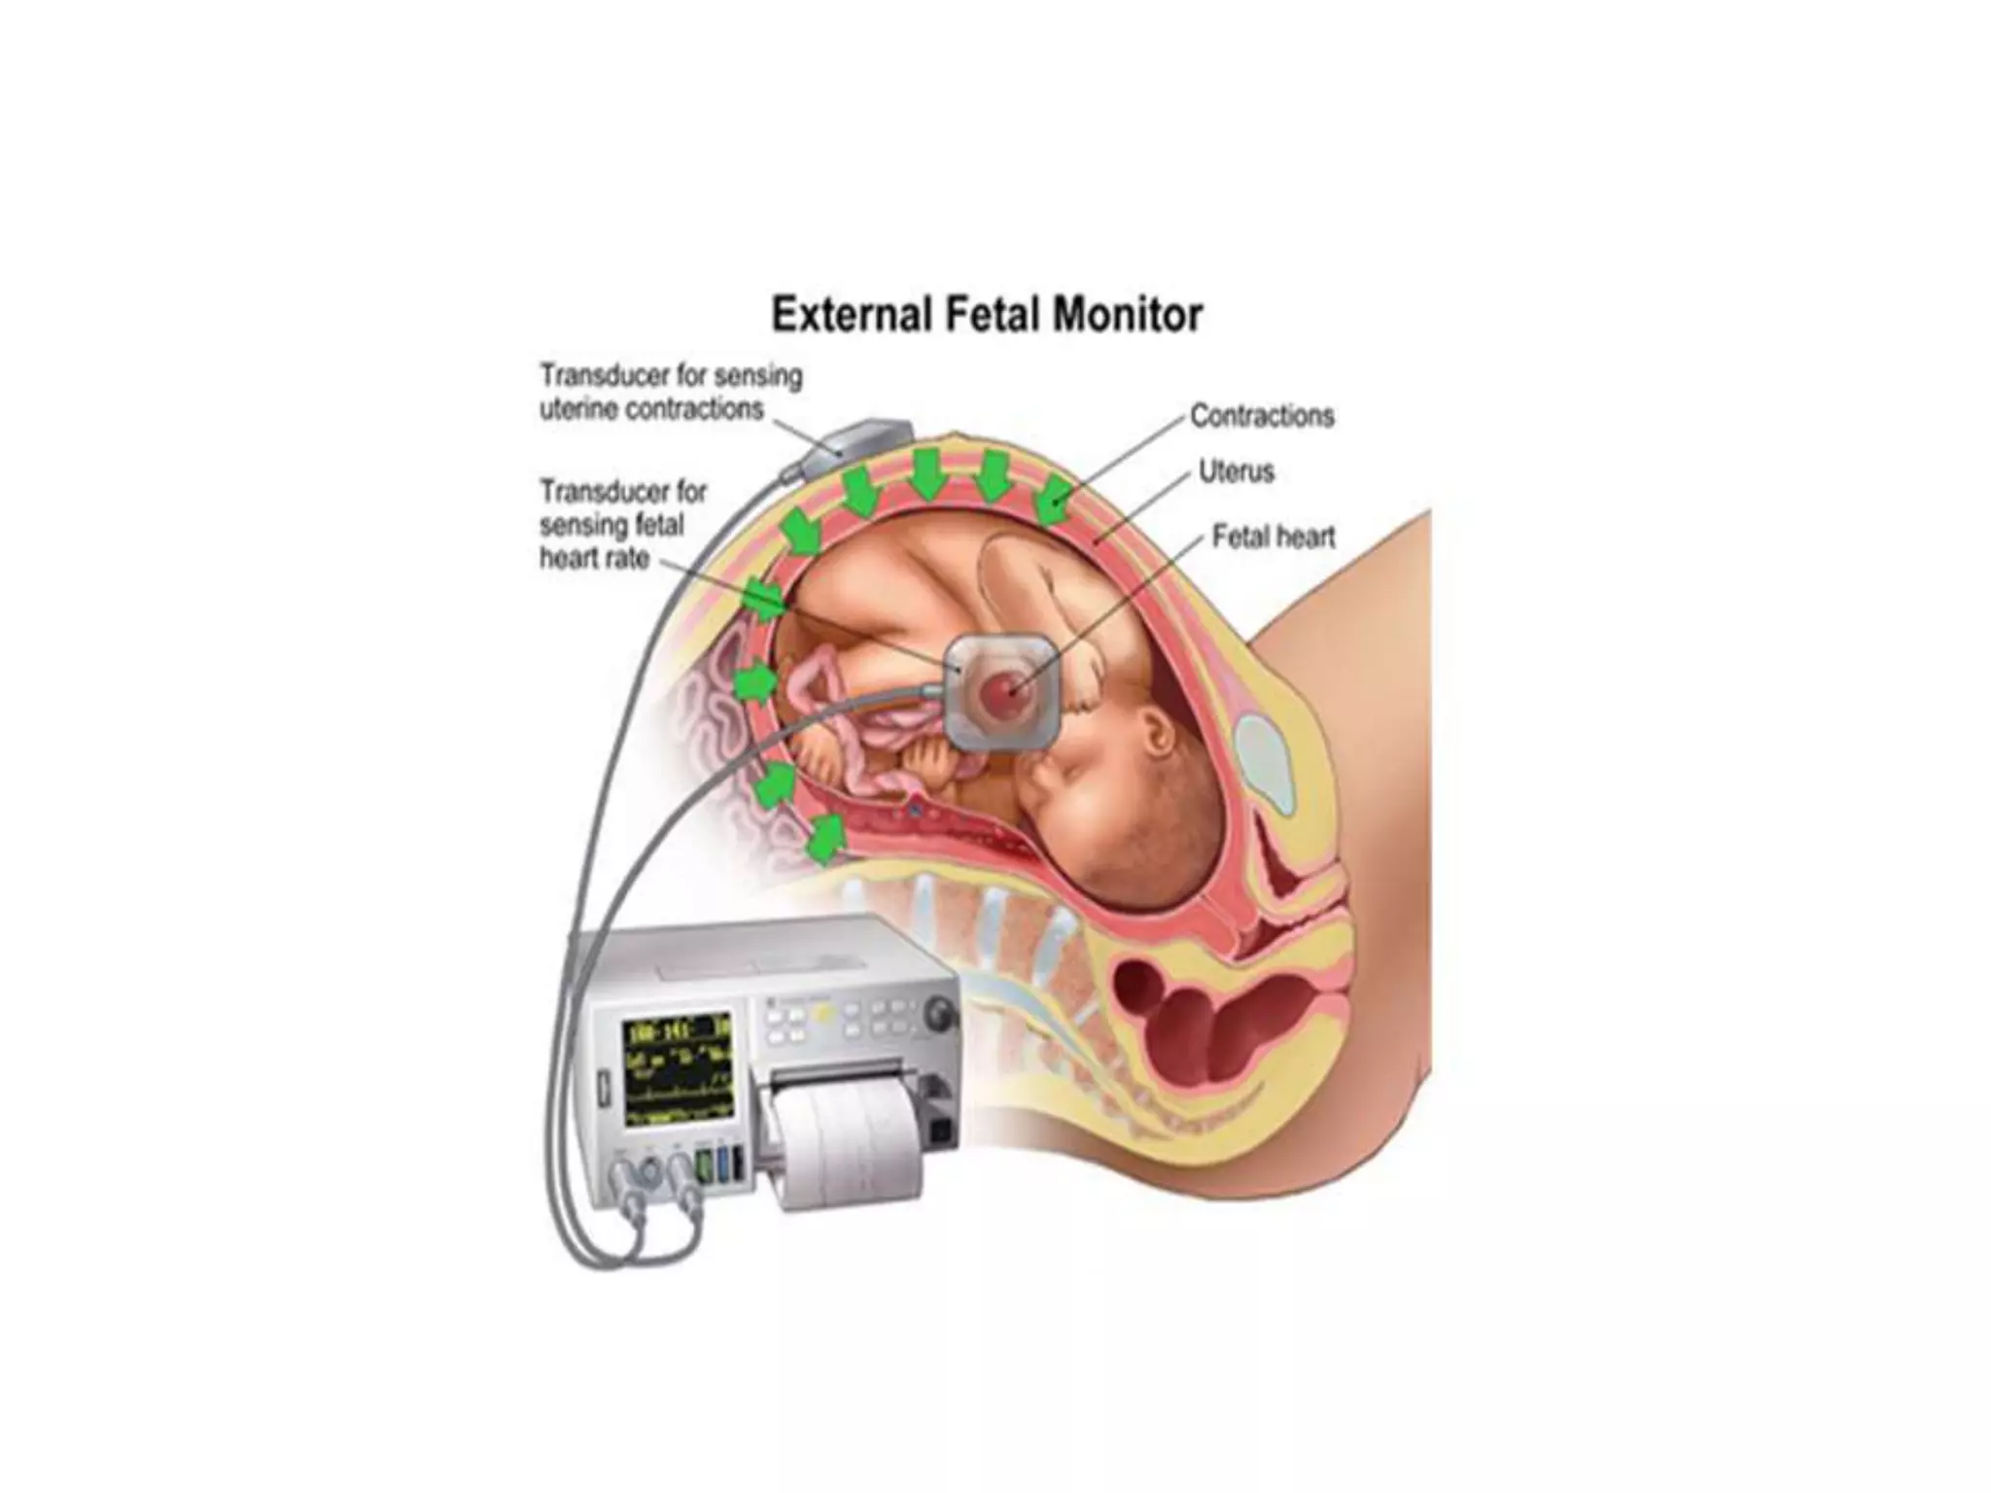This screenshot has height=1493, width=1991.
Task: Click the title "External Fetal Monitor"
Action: click(x=987, y=315)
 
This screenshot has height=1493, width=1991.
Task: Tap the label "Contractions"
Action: click(x=1262, y=416)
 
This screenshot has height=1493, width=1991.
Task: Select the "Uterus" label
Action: click(x=1236, y=472)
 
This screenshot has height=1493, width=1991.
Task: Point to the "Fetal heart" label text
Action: click(x=1274, y=537)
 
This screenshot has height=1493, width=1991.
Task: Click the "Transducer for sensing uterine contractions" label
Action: click(x=671, y=392)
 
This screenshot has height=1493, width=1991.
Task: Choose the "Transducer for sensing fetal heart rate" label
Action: click(x=622, y=524)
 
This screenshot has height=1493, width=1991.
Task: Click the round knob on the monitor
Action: click(x=941, y=1013)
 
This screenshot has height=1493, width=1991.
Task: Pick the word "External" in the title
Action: click(x=850, y=315)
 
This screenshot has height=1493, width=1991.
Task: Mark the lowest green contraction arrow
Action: click(x=825, y=839)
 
